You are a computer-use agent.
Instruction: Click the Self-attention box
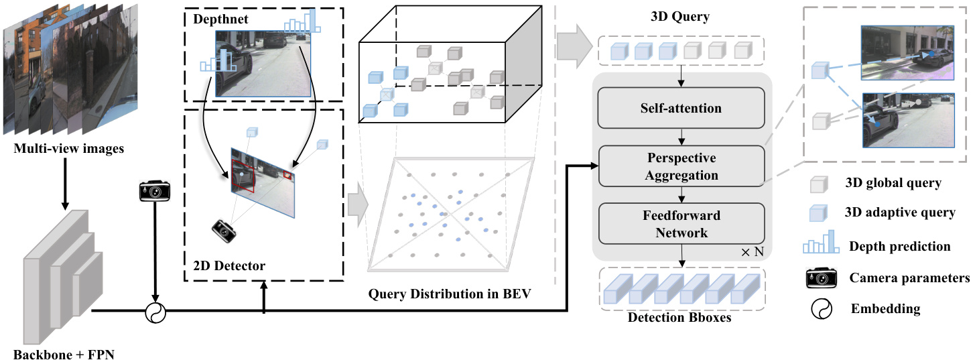click(681, 107)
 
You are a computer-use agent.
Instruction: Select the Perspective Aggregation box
click(681, 166)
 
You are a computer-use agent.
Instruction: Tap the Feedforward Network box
click(681, 224)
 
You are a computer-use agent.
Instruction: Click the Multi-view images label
click(69, 149)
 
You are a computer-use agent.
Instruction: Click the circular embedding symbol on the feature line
click(155, 311)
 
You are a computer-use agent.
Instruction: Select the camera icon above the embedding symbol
click(155, 190)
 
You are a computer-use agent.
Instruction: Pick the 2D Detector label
click(225, 266)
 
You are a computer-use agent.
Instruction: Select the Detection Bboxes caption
click(679, 317)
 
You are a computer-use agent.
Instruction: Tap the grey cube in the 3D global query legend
click(820, 184)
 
